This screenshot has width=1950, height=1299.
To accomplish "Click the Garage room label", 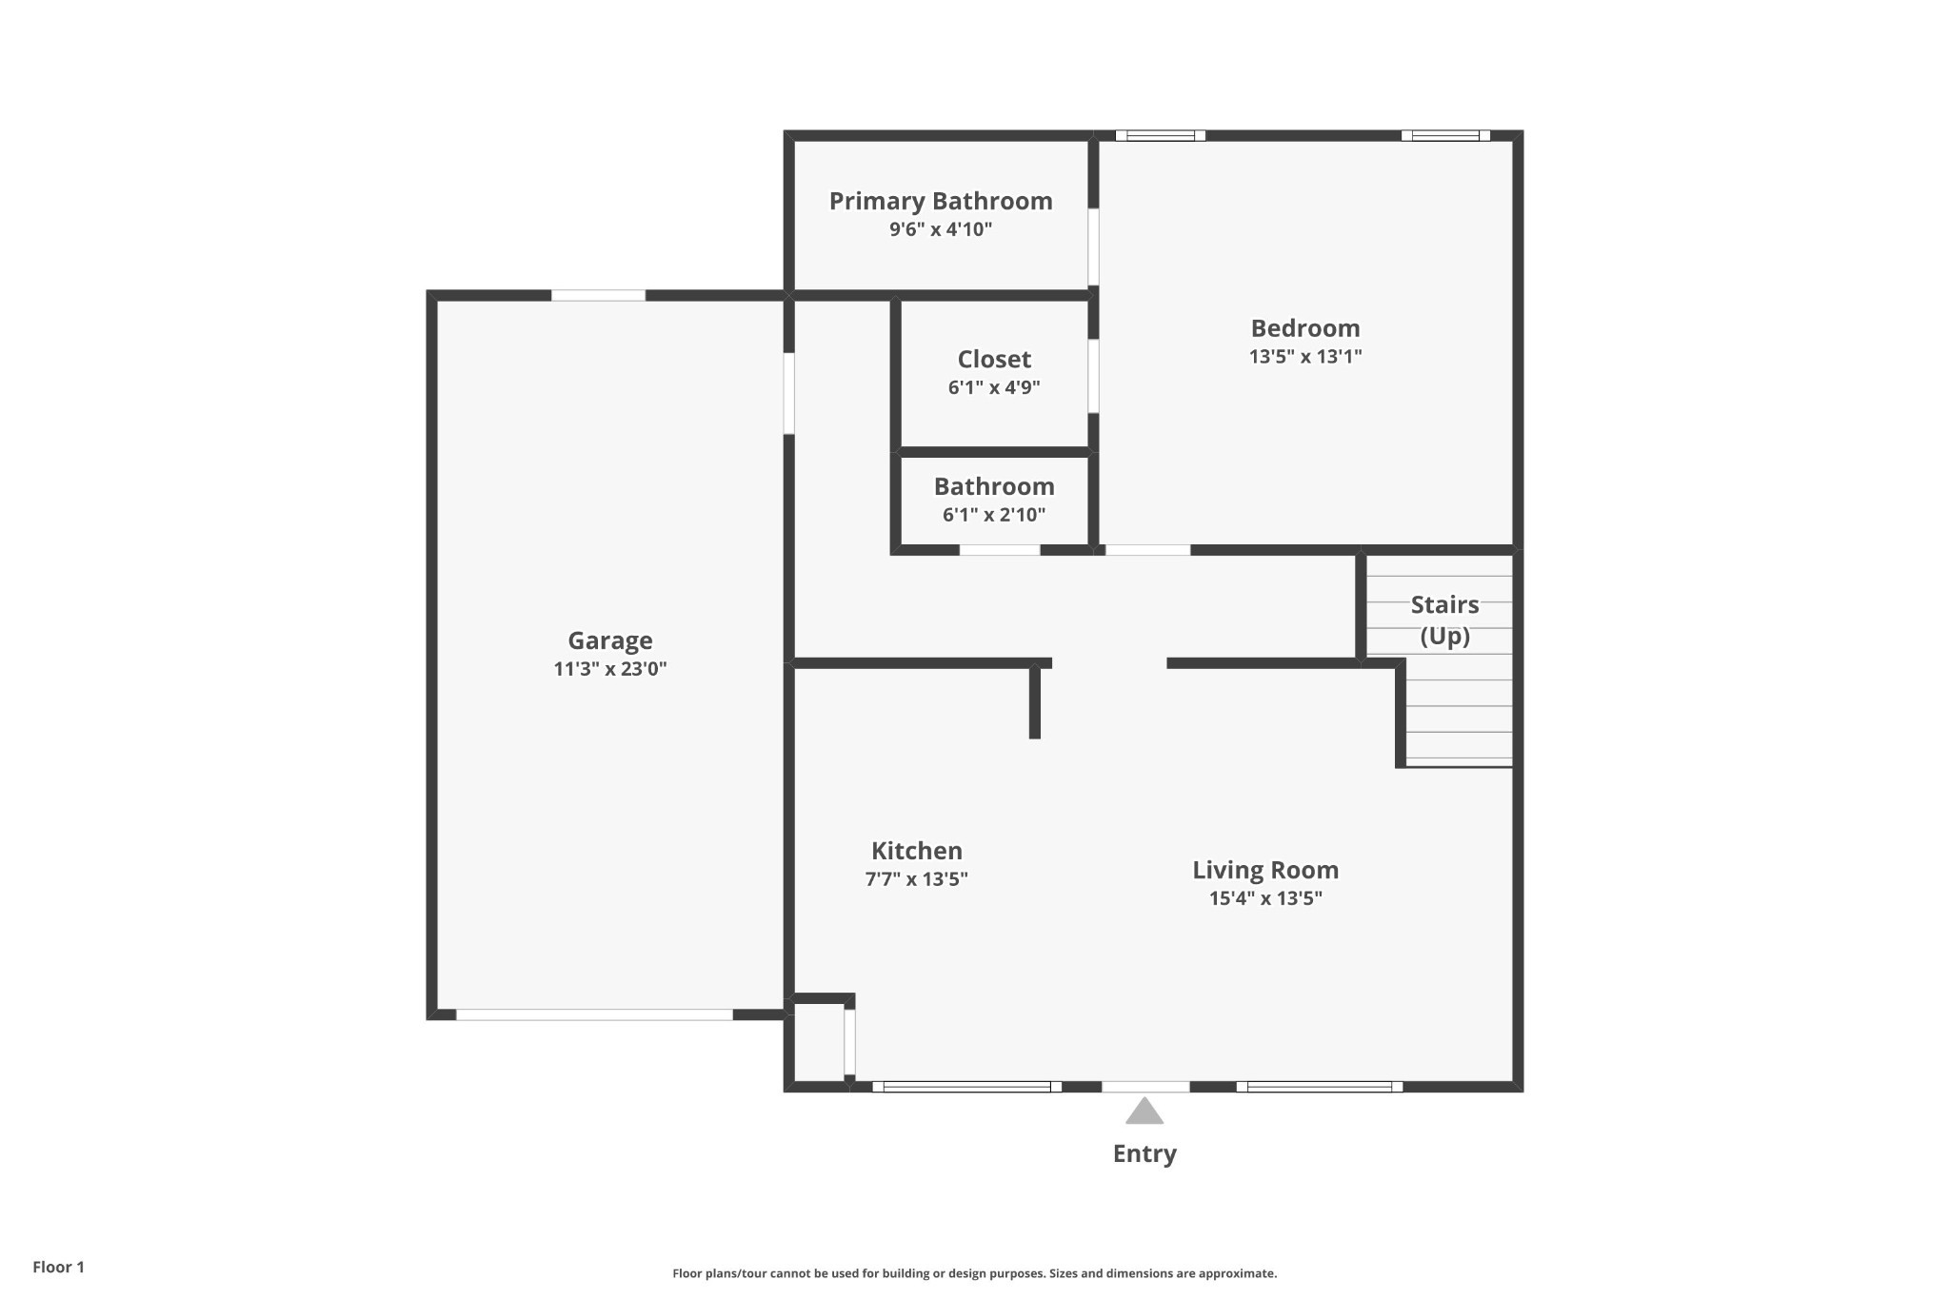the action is point(610,641).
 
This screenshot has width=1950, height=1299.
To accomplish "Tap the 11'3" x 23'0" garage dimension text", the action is point(610,669).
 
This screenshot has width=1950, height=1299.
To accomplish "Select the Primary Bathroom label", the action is point(941,202).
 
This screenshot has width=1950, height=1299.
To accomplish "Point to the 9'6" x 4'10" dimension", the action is point(941,229).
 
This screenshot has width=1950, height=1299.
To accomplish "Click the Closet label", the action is point(994,359).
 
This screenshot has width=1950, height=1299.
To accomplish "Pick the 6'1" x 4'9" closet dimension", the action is point(994,387).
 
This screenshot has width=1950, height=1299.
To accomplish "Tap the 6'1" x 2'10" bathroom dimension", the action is point(994,515).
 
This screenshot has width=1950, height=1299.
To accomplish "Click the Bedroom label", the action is point(1305,328).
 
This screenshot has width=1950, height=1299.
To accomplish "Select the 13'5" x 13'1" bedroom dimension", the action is point(1305,357).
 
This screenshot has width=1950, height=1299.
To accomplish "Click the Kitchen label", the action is point(917,851).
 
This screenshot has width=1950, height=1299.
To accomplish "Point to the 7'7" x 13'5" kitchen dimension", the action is point(917,879).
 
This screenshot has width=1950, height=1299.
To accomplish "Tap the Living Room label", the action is point(1265,871).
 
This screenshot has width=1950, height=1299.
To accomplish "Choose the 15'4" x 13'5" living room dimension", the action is point(1265,898).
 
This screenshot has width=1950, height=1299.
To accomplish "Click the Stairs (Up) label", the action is point(1444,620).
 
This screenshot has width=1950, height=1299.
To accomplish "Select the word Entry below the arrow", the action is point(1144,1153).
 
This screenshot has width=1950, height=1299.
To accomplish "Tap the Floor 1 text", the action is point(59,1268).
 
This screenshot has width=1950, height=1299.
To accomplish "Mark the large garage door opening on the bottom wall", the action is point(595,1014).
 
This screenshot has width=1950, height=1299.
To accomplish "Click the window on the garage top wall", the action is point(598,295).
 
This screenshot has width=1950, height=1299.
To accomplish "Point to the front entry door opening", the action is point(1145,1087).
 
